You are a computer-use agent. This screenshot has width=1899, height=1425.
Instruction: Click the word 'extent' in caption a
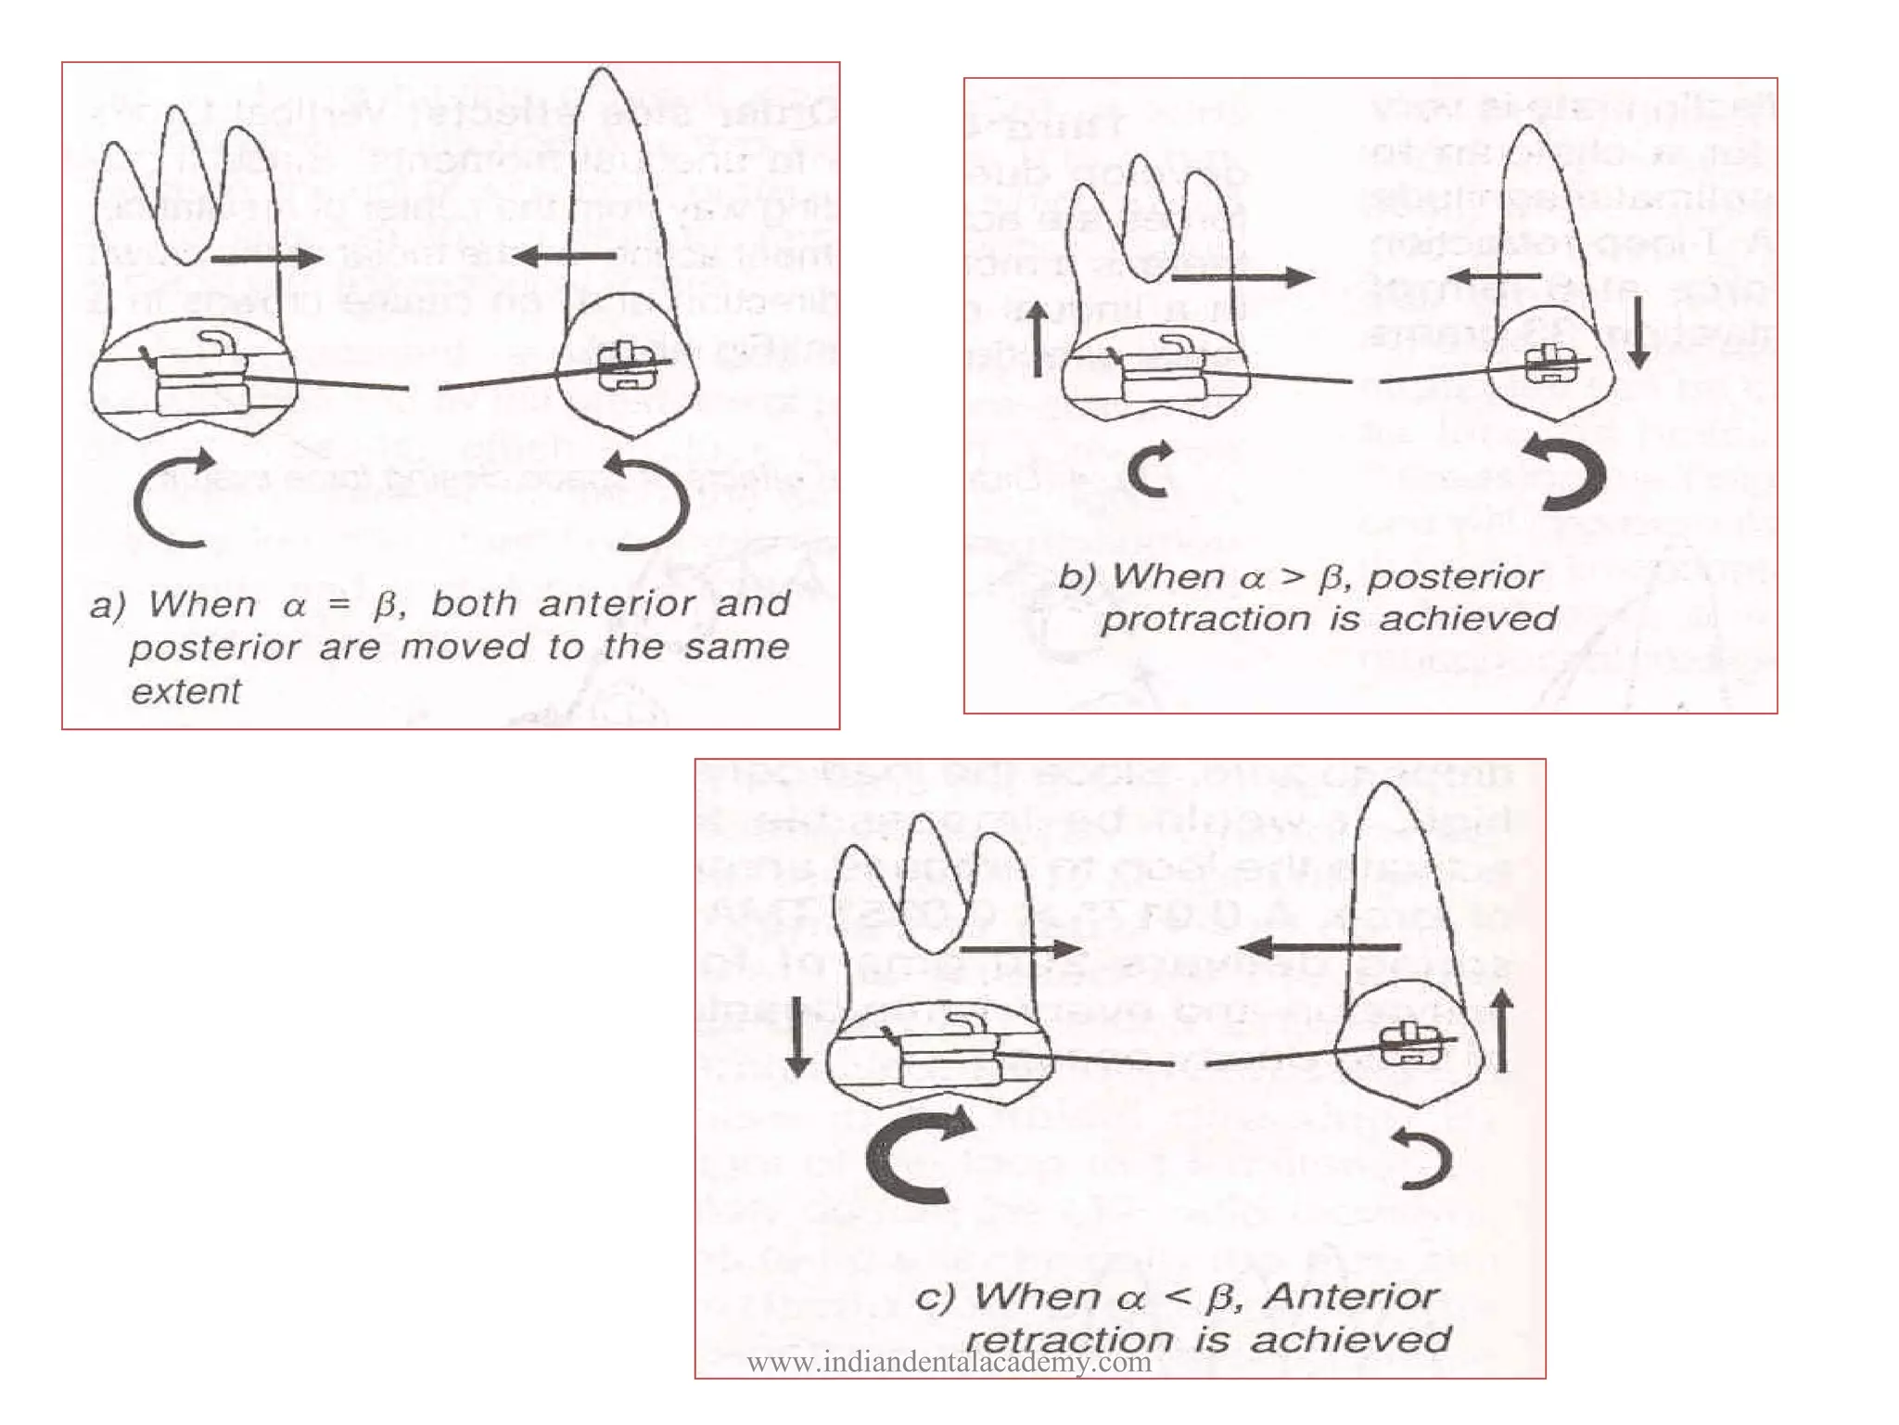click(185, 692)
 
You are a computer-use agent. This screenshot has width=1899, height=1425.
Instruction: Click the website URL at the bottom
click(949, 1363)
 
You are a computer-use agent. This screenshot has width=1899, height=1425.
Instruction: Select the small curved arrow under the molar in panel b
click(1153, 469)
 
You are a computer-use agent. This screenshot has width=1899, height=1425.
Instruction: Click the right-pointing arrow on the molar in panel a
click(267, 259)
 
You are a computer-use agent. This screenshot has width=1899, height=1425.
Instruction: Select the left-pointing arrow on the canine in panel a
click(563, 256)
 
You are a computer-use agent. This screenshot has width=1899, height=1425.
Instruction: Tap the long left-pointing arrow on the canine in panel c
click(1320, 947)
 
